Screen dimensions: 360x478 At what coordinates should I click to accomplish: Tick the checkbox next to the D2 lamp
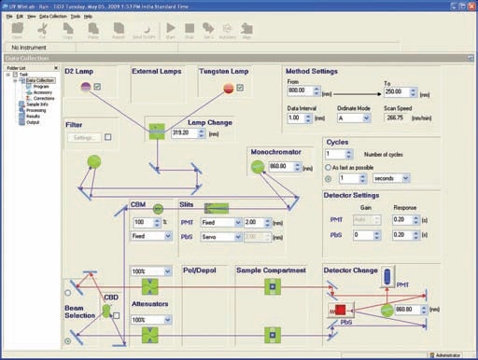pos(98,88)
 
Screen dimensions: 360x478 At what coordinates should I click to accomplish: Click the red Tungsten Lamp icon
pos(228,88)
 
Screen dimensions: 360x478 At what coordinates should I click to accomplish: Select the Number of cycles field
pos(338,155)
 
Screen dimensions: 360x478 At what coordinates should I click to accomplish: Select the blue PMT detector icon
pos(387,277)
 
